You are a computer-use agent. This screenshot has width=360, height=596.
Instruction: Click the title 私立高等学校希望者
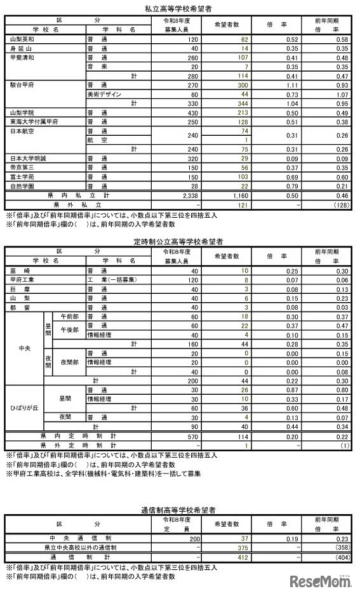coord(180,8)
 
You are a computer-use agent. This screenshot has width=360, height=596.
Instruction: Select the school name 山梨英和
coord(23,39)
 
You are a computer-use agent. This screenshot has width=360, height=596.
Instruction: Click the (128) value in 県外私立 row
coord(340,205)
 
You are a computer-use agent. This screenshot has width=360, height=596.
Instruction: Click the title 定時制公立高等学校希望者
coord(180,241)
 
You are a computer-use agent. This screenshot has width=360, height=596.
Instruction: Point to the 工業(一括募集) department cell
coord(114,279)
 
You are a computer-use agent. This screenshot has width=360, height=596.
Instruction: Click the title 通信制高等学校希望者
coord(180,510)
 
